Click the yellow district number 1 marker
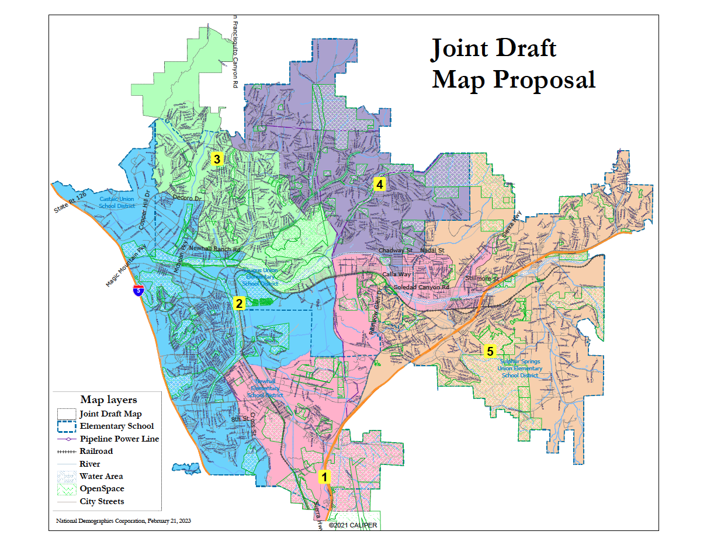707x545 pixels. [x=324, y=477]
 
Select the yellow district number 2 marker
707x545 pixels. [x=238, y=303]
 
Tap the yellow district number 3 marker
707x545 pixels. [x=217, y=159]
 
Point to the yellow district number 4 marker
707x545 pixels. [x=380, y=185]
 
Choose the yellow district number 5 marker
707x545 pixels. [x=490, y=351]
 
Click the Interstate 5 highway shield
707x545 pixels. [x=137, y=290]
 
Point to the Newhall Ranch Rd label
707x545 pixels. [x=214, y=249]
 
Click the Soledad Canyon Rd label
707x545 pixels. [x=421, y=287]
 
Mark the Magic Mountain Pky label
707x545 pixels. [x=124, y=266]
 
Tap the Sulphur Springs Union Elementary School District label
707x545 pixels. [x=519, y=368]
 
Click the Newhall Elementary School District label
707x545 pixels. [x=265, y=390]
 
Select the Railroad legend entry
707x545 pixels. [x=96, y=452]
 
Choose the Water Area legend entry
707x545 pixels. [x=101, y=476]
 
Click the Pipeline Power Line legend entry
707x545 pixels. [x=119, y=439]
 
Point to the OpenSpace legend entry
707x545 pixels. [x=102, y=488]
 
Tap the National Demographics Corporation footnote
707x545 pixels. [x=123, y=520]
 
